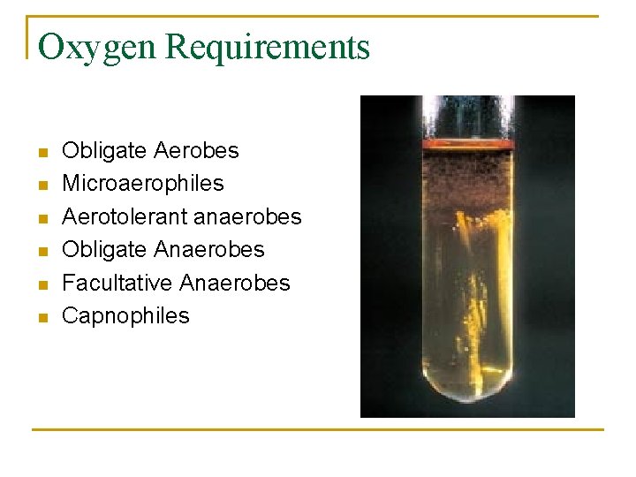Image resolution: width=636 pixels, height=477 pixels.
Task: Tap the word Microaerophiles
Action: (143, 184)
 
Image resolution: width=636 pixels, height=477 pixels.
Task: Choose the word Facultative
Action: (117, 283)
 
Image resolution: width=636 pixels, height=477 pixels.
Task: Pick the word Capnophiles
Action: (125, 315)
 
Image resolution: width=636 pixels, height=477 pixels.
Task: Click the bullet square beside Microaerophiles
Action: (41, 185)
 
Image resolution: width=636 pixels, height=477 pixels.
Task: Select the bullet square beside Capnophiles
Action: (41, 317)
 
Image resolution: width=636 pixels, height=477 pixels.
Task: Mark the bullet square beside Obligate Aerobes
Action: (41, 153)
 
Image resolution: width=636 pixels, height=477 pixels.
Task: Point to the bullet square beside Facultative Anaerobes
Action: (41, 284)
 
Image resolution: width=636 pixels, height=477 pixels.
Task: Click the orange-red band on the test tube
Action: (468, 142)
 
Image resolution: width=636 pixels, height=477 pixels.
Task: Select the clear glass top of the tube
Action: (468, 115)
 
